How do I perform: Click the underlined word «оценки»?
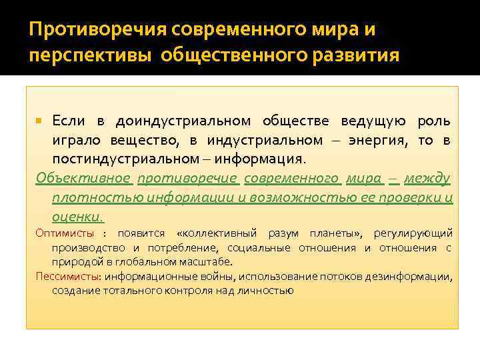point(77,217)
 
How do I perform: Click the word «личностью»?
point(266,291)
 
